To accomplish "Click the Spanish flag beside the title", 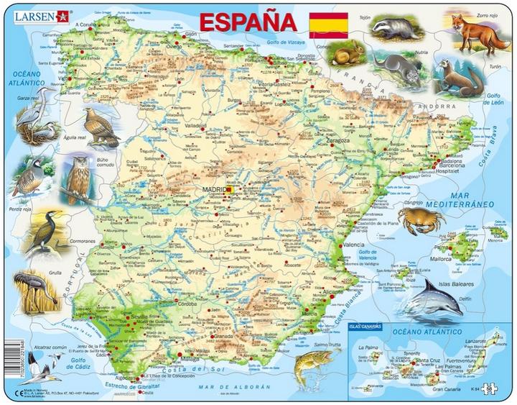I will (328, 25).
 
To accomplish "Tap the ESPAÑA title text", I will (243, 22).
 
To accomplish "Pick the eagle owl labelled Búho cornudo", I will (76, 176).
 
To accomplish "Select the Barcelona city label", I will (452, 166).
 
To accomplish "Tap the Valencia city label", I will (353, 245).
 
